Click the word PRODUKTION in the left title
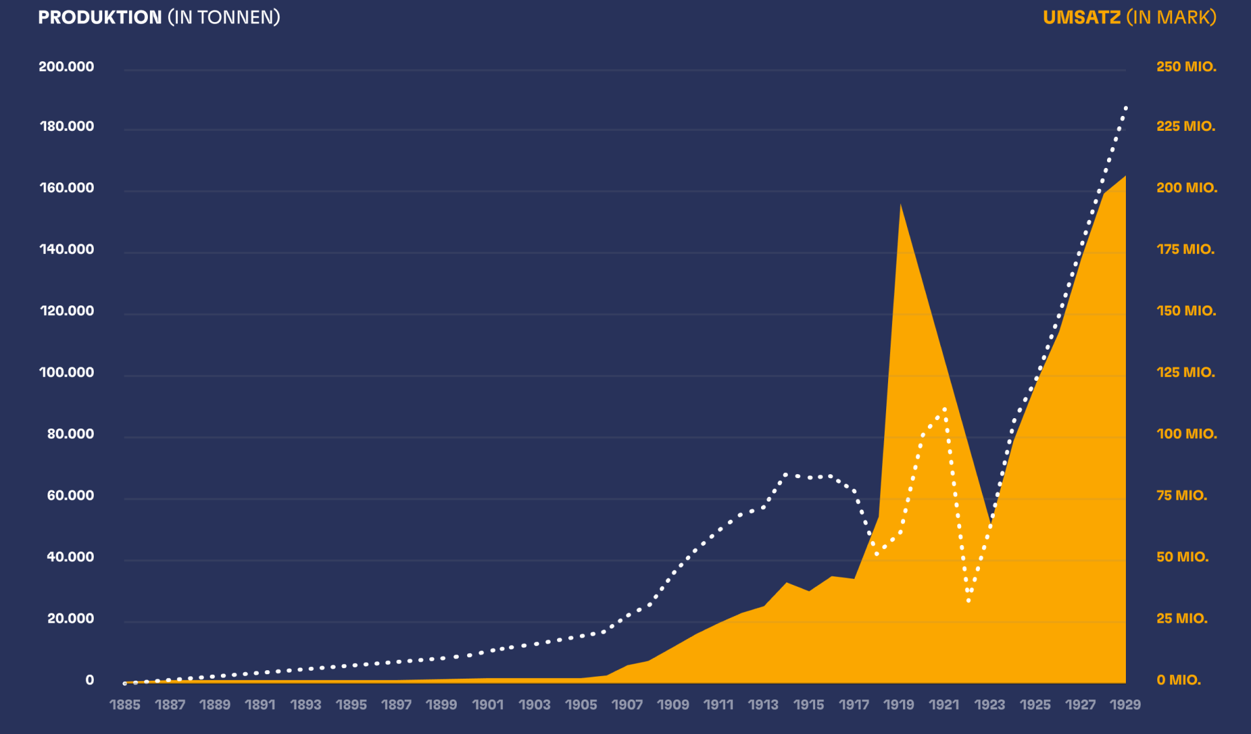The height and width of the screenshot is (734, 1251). pos(100,18)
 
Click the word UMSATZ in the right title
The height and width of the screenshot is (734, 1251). pos(1082,18)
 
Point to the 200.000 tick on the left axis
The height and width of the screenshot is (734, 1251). pos(66,66)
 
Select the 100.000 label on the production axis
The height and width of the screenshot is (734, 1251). pos(66,373)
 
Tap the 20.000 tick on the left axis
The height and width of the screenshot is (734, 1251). pos(70,619)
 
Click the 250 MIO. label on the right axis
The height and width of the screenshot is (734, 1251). pos(1186,66)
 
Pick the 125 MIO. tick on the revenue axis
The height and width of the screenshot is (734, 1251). pos(1185,373)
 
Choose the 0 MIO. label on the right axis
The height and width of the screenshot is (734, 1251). pos(1178,680)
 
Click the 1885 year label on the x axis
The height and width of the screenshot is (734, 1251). pos(124,705)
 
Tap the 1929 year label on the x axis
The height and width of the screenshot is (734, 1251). pos(1125,705)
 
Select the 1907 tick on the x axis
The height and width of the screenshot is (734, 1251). pos(627,705)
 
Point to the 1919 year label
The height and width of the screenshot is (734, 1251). pos(899,705)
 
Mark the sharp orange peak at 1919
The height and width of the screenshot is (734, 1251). pos(900,206)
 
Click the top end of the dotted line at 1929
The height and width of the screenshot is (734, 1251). pos(1126,107)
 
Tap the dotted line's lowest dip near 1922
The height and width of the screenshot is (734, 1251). pos(969,600)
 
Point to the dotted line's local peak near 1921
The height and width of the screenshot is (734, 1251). pos(944,410)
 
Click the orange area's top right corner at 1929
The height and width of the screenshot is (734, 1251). pos(1125,176)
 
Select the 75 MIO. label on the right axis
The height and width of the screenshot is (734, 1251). pos(1181,496)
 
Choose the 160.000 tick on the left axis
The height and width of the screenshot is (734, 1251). pos(66,188)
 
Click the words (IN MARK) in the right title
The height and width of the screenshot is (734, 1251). pos(1171,18)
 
